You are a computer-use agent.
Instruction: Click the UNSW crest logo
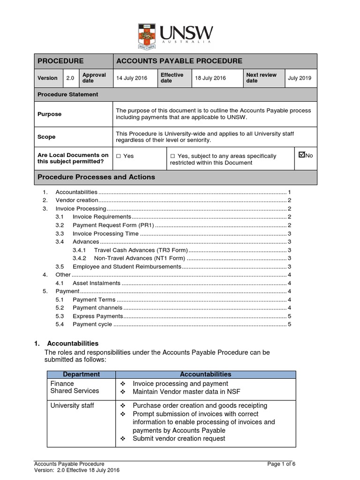148,37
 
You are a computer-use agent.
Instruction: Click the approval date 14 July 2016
132,78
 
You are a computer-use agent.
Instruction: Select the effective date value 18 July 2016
210,78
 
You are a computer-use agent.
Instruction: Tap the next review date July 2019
300,78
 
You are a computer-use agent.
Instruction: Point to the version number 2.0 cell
70,78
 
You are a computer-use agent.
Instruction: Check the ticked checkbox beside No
301,155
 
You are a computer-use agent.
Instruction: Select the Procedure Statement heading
68,94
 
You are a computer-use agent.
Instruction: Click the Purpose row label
49,114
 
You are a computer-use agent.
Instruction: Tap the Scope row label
46,137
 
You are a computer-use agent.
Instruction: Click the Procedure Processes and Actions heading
96,177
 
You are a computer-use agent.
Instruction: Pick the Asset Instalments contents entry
97,283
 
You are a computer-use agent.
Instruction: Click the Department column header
81,374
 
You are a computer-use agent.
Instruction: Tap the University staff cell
72,405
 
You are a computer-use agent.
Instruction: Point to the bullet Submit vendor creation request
179,438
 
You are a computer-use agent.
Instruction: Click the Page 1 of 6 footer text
281,464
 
